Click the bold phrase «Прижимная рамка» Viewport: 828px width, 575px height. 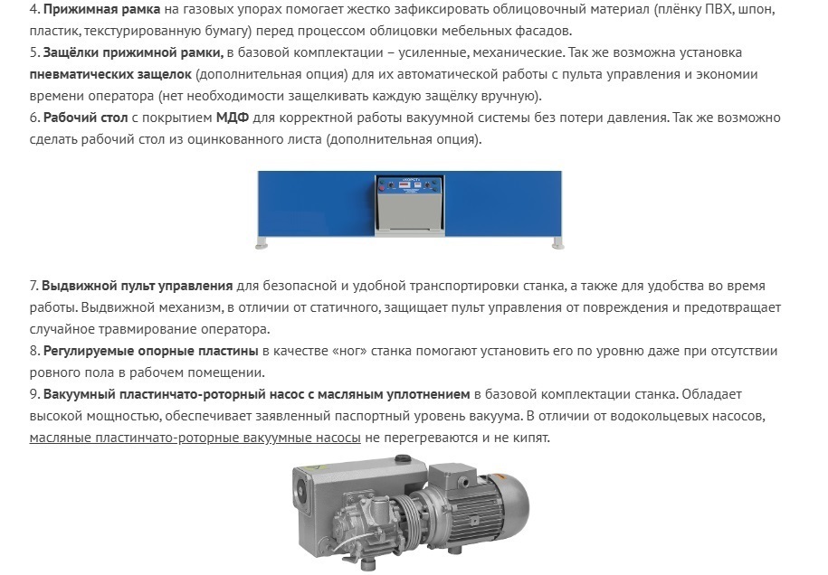(x=101, y=10)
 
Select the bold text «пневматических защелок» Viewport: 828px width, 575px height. (x=110, y=74)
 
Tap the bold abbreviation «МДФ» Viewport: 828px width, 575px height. (x=233, y=118)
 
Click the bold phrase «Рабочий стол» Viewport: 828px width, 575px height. (x=86, y=118)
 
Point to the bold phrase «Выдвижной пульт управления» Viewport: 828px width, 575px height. (x=138, y=286)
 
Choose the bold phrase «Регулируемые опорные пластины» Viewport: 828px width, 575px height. (x=150, y=352)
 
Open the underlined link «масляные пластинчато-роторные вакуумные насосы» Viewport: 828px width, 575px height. (x=195, y=438)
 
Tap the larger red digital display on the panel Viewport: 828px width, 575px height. (x=403, y=185)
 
